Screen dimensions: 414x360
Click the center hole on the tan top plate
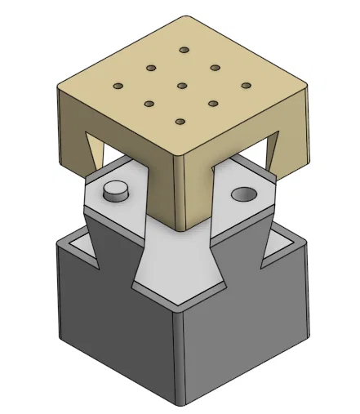tap(182, 86)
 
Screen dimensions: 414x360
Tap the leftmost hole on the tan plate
tap(118, 85)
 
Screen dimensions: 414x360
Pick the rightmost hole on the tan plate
tap(246, 85)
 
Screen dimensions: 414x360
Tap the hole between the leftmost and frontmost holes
tap(149, 103)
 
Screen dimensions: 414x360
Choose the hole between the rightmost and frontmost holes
tap(214, 103)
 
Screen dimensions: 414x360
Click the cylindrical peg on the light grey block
tap(117, 191)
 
